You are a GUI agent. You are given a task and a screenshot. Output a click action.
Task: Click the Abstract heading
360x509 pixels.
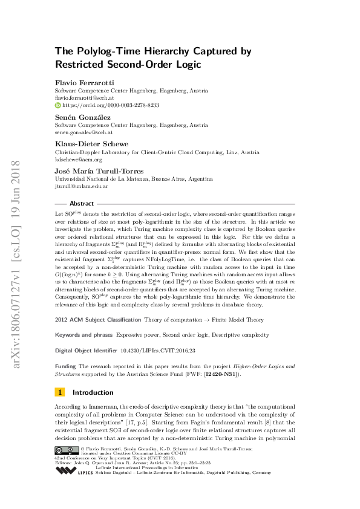tap(82, 204)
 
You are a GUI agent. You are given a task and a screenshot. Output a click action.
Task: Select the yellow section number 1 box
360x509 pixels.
tap(59, 392)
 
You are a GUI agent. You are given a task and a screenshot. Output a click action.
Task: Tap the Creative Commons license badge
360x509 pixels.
tap(67, 450)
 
